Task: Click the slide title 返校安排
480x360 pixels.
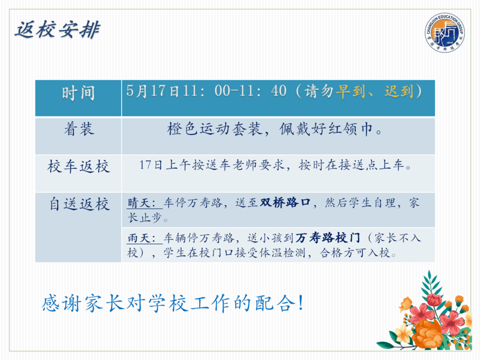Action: tap(57, 30)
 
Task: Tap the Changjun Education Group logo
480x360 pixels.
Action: tap(445, 32)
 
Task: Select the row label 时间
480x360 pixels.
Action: tap(79, 93)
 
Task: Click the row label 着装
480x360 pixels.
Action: tap(79, 129)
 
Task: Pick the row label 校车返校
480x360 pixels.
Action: tap(79, 167)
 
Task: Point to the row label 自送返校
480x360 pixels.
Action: tap(79, 204)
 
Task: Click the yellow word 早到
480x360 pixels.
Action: tap(350, 91)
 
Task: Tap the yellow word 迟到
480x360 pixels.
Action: tap(399, 91)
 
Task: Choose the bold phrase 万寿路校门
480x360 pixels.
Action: tap(328, 238)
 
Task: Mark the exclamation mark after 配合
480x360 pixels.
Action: tap(301, 302)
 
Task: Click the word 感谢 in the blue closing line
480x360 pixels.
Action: tap(62, 303)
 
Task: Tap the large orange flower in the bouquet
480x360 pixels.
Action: tap(427, 334)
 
